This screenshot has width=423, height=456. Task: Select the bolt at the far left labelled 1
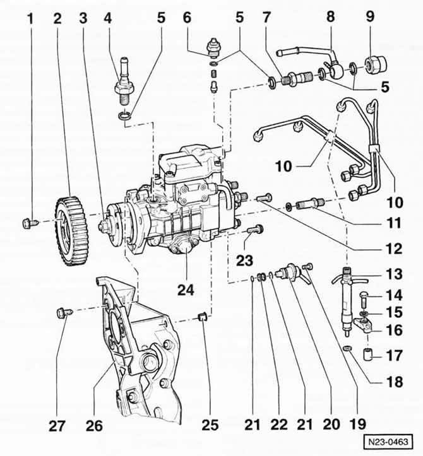pyautogui.click(x=30, y=224)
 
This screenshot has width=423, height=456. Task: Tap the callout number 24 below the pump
pyautogui.click(x=186, y=289)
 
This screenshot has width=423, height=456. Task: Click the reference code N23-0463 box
pyautogui.click(x=388, y=442)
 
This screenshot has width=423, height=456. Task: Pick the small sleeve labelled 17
pyautogui.click(x=368, y=354)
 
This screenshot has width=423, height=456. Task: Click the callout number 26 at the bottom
pyautogui.click(x=94, y=426)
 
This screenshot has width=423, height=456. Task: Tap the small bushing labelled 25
pyautogui.click(x=202, y=316)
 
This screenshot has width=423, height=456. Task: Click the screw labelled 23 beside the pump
pyautogui.click(x=255, y=230)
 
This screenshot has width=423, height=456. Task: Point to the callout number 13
pyautogui.click(x=394, y=274)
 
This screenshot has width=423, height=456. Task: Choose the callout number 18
pyautogui.click(x=395, y=382)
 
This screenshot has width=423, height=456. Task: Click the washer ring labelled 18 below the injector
pyautogui.click(x=347, y=348)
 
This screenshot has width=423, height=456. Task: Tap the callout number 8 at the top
pyautogui.click(x=330, y=16)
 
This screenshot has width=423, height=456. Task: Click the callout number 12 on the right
pyautogui.click(x=394, y=248)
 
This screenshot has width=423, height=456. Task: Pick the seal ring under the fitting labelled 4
pyautogui.click(x=124, y=116)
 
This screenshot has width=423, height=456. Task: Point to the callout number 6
pyautogui.click(x=187, y=17)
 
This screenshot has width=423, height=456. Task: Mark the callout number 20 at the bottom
pyautogui.click(x=331, y=424)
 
